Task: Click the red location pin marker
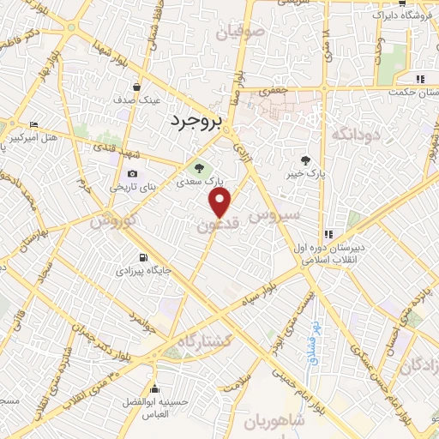[x=220, y=202]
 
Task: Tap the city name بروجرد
[x=196, y=123]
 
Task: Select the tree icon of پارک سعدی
[x=200, y=167]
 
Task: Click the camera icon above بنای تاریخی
[x=132, y=174]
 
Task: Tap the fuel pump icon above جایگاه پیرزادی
[x=142, y=257]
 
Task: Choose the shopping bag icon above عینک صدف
[x=137, y=87]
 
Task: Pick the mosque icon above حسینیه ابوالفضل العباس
[x=154, y=388]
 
